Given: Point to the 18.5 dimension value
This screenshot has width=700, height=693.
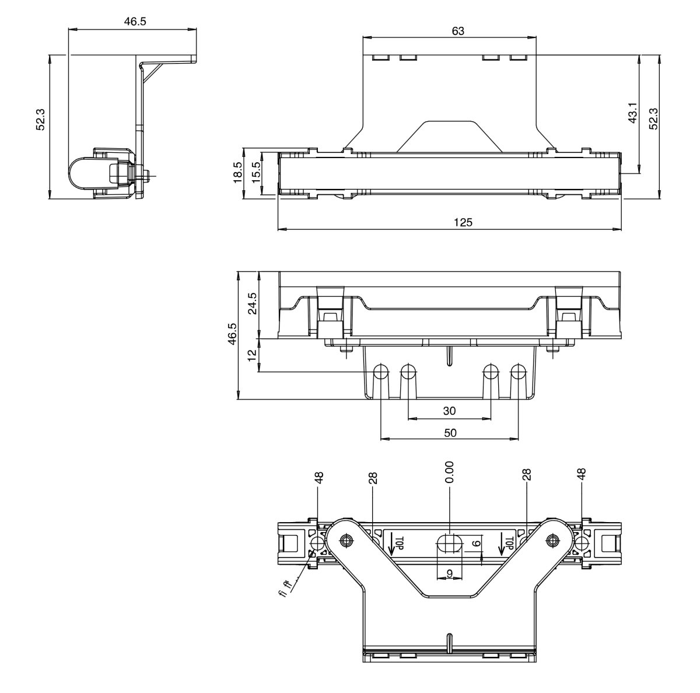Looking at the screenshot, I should pos(238,173).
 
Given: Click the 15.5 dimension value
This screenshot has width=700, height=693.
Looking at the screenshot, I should pos(256,173).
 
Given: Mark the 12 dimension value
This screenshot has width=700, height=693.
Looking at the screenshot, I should pos(252,355).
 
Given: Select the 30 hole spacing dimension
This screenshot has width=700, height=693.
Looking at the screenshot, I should pos(449,411).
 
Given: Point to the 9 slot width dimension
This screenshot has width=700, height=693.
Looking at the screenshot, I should pos(450,573).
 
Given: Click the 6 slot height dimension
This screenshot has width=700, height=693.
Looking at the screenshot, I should pos(476,543).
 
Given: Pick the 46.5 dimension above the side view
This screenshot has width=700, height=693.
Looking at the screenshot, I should pos(135,22).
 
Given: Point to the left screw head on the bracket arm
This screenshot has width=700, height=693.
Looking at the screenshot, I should pos(348,540).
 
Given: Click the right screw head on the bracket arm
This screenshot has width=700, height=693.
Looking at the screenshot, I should pos(551,540).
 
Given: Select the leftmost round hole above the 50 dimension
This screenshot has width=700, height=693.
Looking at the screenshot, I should pos(381,372).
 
